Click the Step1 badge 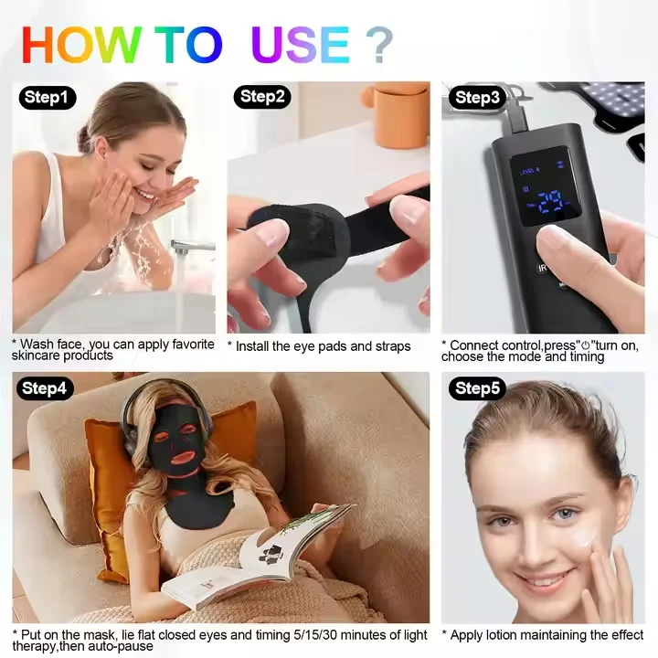pyautogui.click(x=47, y=98)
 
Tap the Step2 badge pyautogui.click(x=262, y=97)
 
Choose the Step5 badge pyautogui.click(x=477, y=388)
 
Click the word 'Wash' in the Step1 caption pyautogui.click(x=39, y=345)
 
